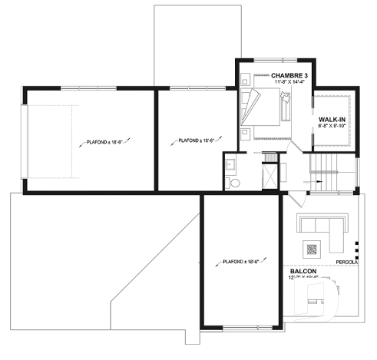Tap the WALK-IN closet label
[332, 119]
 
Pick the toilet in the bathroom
[235, 183]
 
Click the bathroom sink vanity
[230, 163]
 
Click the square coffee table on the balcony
[312, 249]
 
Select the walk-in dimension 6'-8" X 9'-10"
[332, 126]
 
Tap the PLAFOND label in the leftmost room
[95, 142]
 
